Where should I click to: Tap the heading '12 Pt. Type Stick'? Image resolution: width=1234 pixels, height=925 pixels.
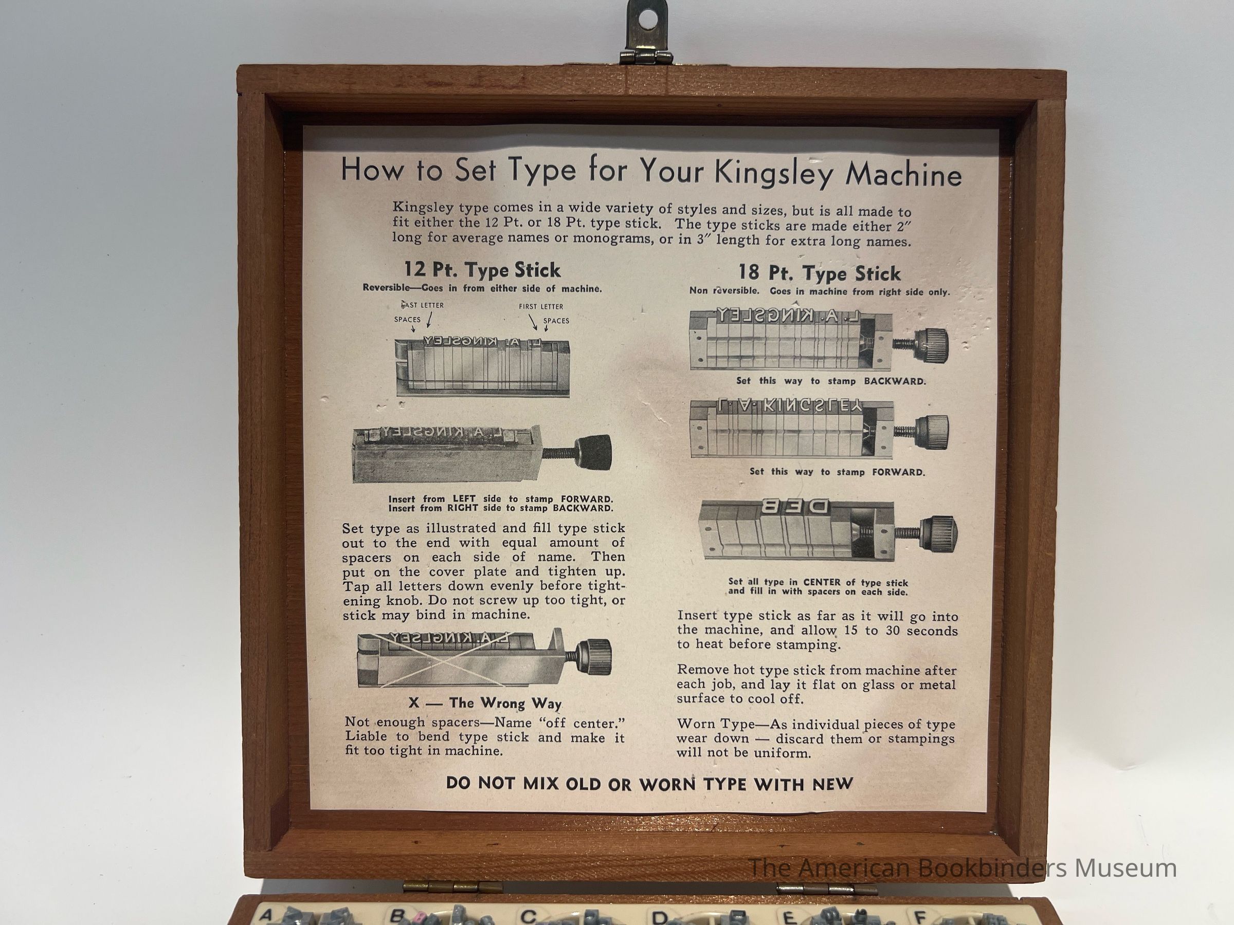pyautogui.click(x=482, y=270)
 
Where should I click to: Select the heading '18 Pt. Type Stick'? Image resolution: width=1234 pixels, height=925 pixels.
pyautogui.click(x=820, y=273)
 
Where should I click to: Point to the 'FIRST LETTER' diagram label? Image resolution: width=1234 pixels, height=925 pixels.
pyautogui.click(x=540, y=307)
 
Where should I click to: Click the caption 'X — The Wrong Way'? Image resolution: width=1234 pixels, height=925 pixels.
pyautogui.click(x=484, y=703)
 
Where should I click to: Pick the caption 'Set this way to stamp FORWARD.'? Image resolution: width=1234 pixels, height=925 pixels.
pyautogui.click(x=837, y=472)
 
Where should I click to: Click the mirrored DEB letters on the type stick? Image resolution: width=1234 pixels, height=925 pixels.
pyautogui.click(x=794, y=506)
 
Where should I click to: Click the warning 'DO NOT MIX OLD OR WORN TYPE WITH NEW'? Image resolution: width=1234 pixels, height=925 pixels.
pyautogui.click(x=649, y=784)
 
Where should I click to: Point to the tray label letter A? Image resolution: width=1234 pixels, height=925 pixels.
pyautogui.click(x=267, y=915)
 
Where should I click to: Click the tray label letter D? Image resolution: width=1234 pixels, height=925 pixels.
pyautogui.click(x=660, y=917)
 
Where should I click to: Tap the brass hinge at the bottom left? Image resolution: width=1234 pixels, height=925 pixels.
pyautogui.click(x=452, y=885)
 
